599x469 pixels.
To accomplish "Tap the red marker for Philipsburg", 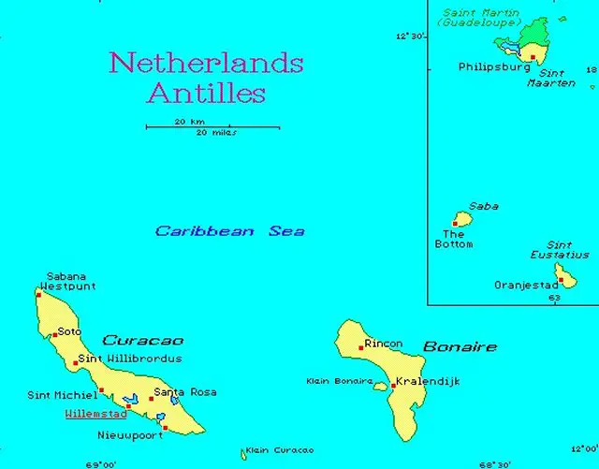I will [533, 57].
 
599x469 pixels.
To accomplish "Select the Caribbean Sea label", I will [229, 231].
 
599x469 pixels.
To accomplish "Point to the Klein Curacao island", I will [243, 455].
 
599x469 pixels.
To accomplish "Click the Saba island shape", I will [460, 219].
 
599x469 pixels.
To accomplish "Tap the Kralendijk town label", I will [428, 382].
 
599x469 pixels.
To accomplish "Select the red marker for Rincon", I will [361, 347].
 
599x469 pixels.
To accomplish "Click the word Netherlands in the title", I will [206, 64].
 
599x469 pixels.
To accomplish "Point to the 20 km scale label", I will [189, 122].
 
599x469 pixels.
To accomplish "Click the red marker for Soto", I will [55, 333].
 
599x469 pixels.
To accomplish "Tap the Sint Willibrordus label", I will [129, 359].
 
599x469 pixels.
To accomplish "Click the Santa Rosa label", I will [184, 392].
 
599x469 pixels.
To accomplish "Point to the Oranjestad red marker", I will [560, 279].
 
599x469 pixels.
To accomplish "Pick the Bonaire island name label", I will [460, 347].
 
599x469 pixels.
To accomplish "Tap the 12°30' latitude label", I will [411, 37].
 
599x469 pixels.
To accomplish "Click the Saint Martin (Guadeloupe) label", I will [481, 16].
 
